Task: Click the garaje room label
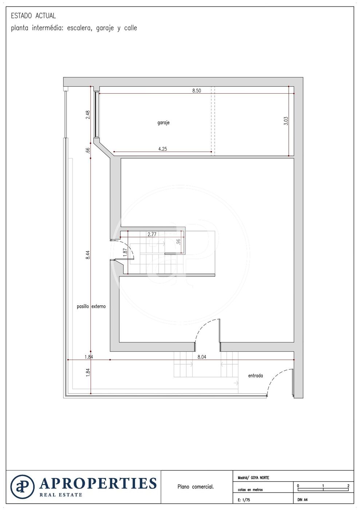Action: [163, 123]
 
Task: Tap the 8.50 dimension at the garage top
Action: [197, 91]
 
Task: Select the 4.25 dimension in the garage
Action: [162, 149]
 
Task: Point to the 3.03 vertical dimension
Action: [286, 121]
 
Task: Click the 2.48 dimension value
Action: [88, 114]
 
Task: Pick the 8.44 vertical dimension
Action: [88, 255]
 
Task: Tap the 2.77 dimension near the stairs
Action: [152, 234]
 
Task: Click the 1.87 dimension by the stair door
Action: [125, 252]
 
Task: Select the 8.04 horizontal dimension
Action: [202, 357]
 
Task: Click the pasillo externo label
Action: [91, 306]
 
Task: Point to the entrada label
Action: [255, 376]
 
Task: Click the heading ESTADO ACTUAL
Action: [33, 16]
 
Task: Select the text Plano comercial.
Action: [195, 487]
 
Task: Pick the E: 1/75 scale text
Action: [244, 500]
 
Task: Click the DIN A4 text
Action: [302, 500]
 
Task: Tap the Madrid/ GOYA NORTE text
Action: [253, 478]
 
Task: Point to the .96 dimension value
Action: [178, 242]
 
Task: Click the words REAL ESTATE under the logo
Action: [61, 495]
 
